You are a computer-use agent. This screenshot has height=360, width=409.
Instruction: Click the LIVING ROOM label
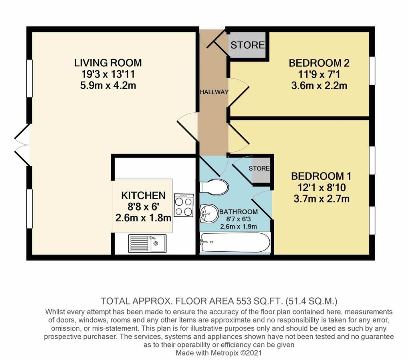pyautogui.click(x=108, y=63)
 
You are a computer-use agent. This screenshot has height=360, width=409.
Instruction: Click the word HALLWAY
pyautogui.click(x=214, y=92)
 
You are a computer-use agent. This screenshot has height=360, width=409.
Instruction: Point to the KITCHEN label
pyautogui.click(x=143, y=195)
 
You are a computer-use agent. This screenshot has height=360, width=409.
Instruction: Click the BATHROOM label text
pyautogui.click(x=238, y=211)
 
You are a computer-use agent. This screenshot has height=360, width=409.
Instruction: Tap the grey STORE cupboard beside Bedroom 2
pyautogui.click(x=247, y=45)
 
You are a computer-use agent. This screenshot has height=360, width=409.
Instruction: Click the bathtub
pyautogui.click(x=235, y=243)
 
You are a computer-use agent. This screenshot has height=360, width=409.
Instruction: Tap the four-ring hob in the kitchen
pyautogui.click(x=184, y=205)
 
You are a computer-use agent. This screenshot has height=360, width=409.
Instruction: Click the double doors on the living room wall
pyautogui.click(x=22, y=144)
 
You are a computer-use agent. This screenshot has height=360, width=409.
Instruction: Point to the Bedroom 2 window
pyautogui.click(x=372, y=70)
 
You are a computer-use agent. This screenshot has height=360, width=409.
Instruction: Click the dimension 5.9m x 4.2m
pyautogui.click(x=108, y=85)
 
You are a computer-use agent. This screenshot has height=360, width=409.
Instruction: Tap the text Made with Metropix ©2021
pyautogui.click(x=219, y=353)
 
